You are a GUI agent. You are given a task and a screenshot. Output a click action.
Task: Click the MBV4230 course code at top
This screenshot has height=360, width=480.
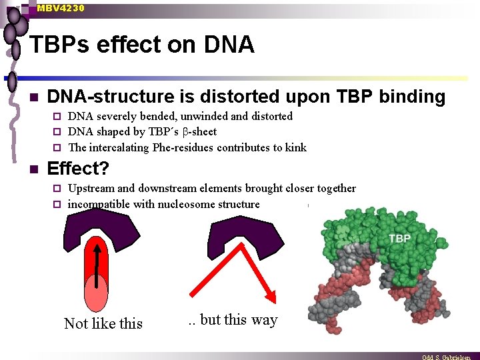[61, 8]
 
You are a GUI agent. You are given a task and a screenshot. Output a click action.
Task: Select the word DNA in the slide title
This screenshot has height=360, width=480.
[228, 45]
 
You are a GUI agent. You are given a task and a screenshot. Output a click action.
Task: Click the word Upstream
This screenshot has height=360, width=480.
[92, 189]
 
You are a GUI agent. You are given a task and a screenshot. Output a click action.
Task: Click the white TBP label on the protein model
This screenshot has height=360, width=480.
[399, 239]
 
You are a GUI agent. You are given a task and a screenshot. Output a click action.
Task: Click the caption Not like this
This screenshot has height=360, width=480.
[103, 323]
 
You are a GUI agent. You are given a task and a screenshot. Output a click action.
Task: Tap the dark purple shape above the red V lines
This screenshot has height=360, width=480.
[237, 237]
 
